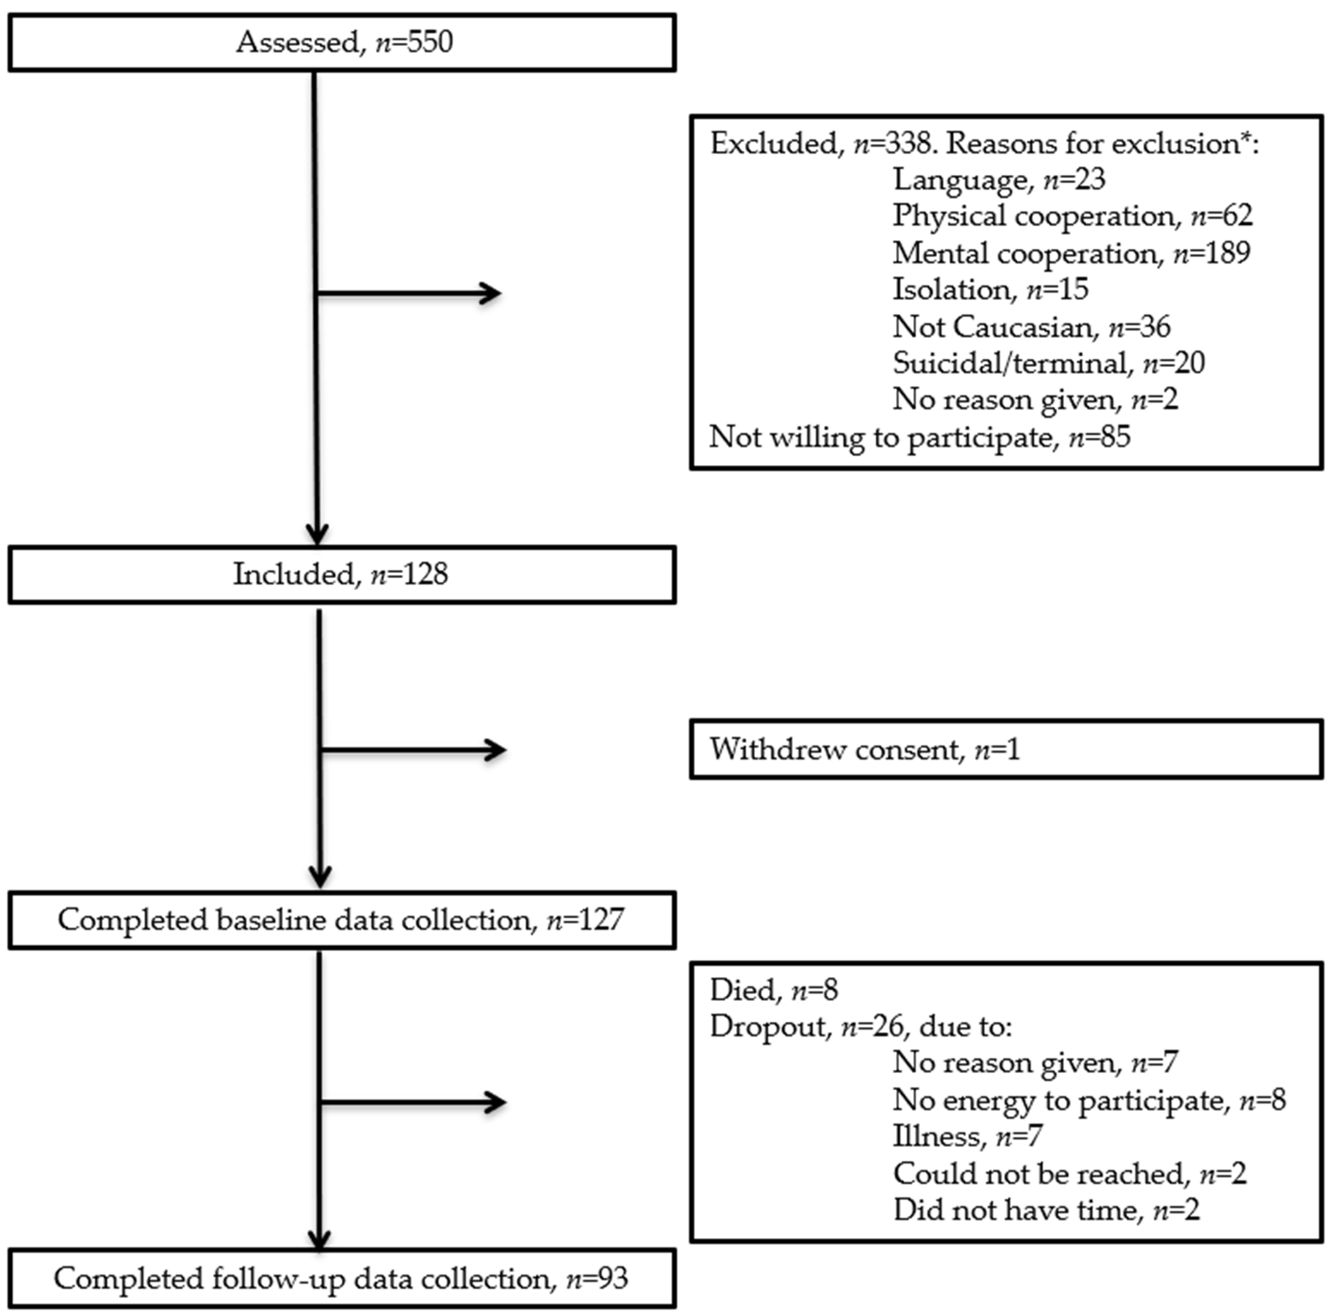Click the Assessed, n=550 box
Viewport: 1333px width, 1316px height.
[x=342, y=43]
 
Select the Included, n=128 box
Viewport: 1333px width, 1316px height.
[x=342, y=575]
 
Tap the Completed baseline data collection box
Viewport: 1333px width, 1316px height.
[x=342, y=920]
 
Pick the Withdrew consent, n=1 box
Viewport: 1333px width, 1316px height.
[x=1006, y=749]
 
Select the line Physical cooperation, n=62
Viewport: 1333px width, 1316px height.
[x=1072, y=216]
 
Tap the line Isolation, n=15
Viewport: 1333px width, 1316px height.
[x=990, y=290]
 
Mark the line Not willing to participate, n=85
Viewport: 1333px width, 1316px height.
[x=920, y=437]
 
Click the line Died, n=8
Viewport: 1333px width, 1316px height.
[x=774, y=990]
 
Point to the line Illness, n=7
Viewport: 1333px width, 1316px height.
[x=966, y=1136]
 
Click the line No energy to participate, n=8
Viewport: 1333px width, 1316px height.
[x=1089, y=1100]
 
